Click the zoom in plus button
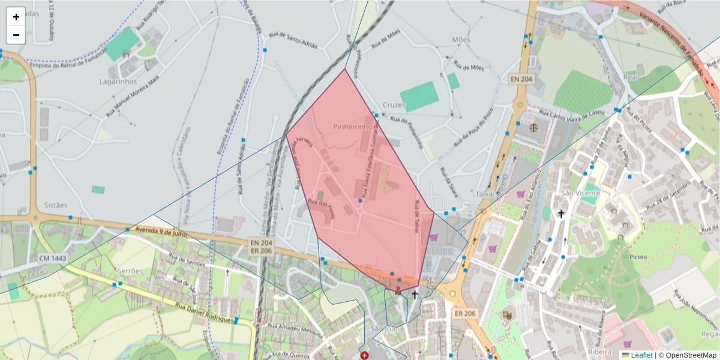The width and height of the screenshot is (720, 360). click(16, 17)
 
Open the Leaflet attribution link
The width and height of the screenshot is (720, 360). click(637, 355)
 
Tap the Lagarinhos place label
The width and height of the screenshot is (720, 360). click(119, 82)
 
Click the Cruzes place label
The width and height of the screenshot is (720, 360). click(394, 105)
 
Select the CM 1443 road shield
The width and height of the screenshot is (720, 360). click(53, 258)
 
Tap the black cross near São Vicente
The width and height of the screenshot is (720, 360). click(561, 213)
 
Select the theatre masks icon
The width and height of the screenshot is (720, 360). click(507, 314)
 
